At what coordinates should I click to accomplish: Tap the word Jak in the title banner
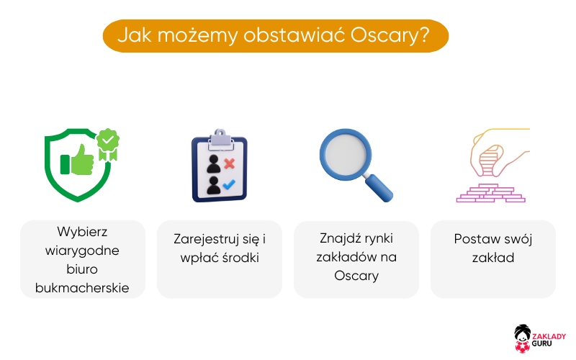pyautogui.click(x=133, y=35)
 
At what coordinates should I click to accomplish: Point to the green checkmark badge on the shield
pyautogui.click(x=109, y=141)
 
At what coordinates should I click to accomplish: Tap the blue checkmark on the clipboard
pyautogui.click(x=230, y=185)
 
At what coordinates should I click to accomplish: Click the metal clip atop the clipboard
pyautogui.click(x=219, y=136)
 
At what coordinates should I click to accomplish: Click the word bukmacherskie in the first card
pyautogui.click(x=82, y=288)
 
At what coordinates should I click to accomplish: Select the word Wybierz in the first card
pyautogui.click(x=82, y=232)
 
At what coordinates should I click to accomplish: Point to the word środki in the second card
pyautogui.click(x=239, y=258)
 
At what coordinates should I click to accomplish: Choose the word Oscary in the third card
pyautogui.click(x=356, y=276)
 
